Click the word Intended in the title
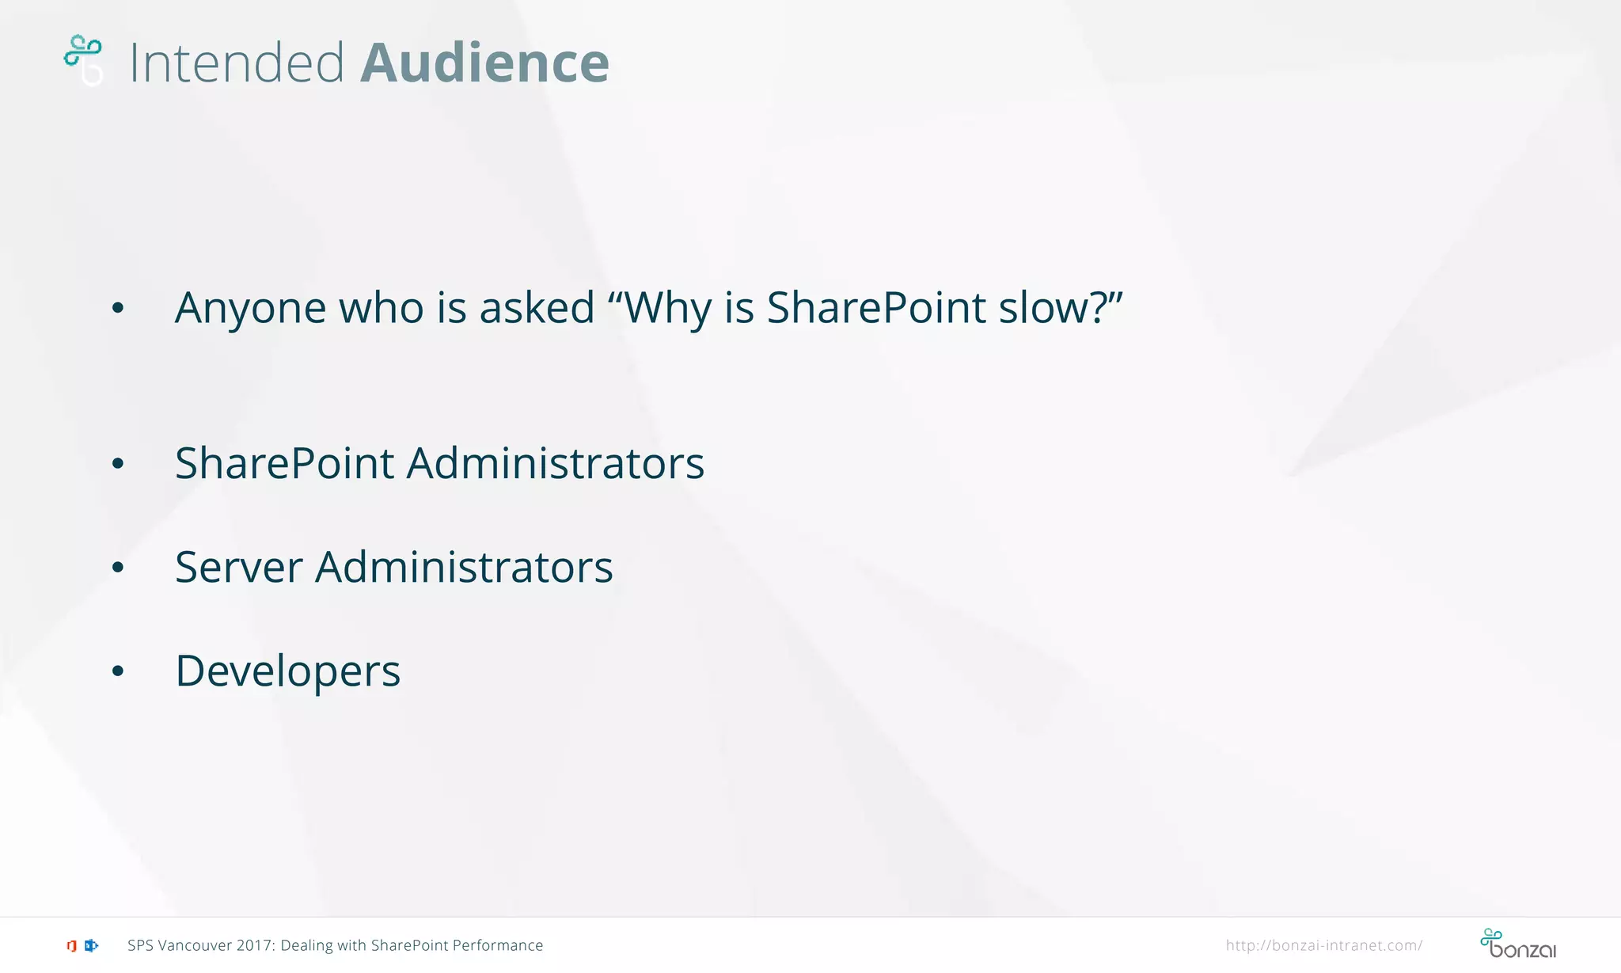tap(237, 63)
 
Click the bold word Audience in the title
tap(484, 63)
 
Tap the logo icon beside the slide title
tap(83, 59)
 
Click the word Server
tap(239, 567)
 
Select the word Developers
tap(288, 671)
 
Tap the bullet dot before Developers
tap(118, 672)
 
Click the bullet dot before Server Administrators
tap(118, 568)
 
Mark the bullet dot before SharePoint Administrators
tap(118, 464)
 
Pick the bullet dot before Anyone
tap(118, 308)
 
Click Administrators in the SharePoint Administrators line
tap(555, 463)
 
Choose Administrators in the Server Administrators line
tap(464, 567)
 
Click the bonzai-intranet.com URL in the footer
tap(1323, 945)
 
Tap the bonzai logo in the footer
tap(1517, 944)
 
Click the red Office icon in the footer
tap(71, 945)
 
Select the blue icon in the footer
tap(91, 945)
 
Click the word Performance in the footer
tap(498, 945)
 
